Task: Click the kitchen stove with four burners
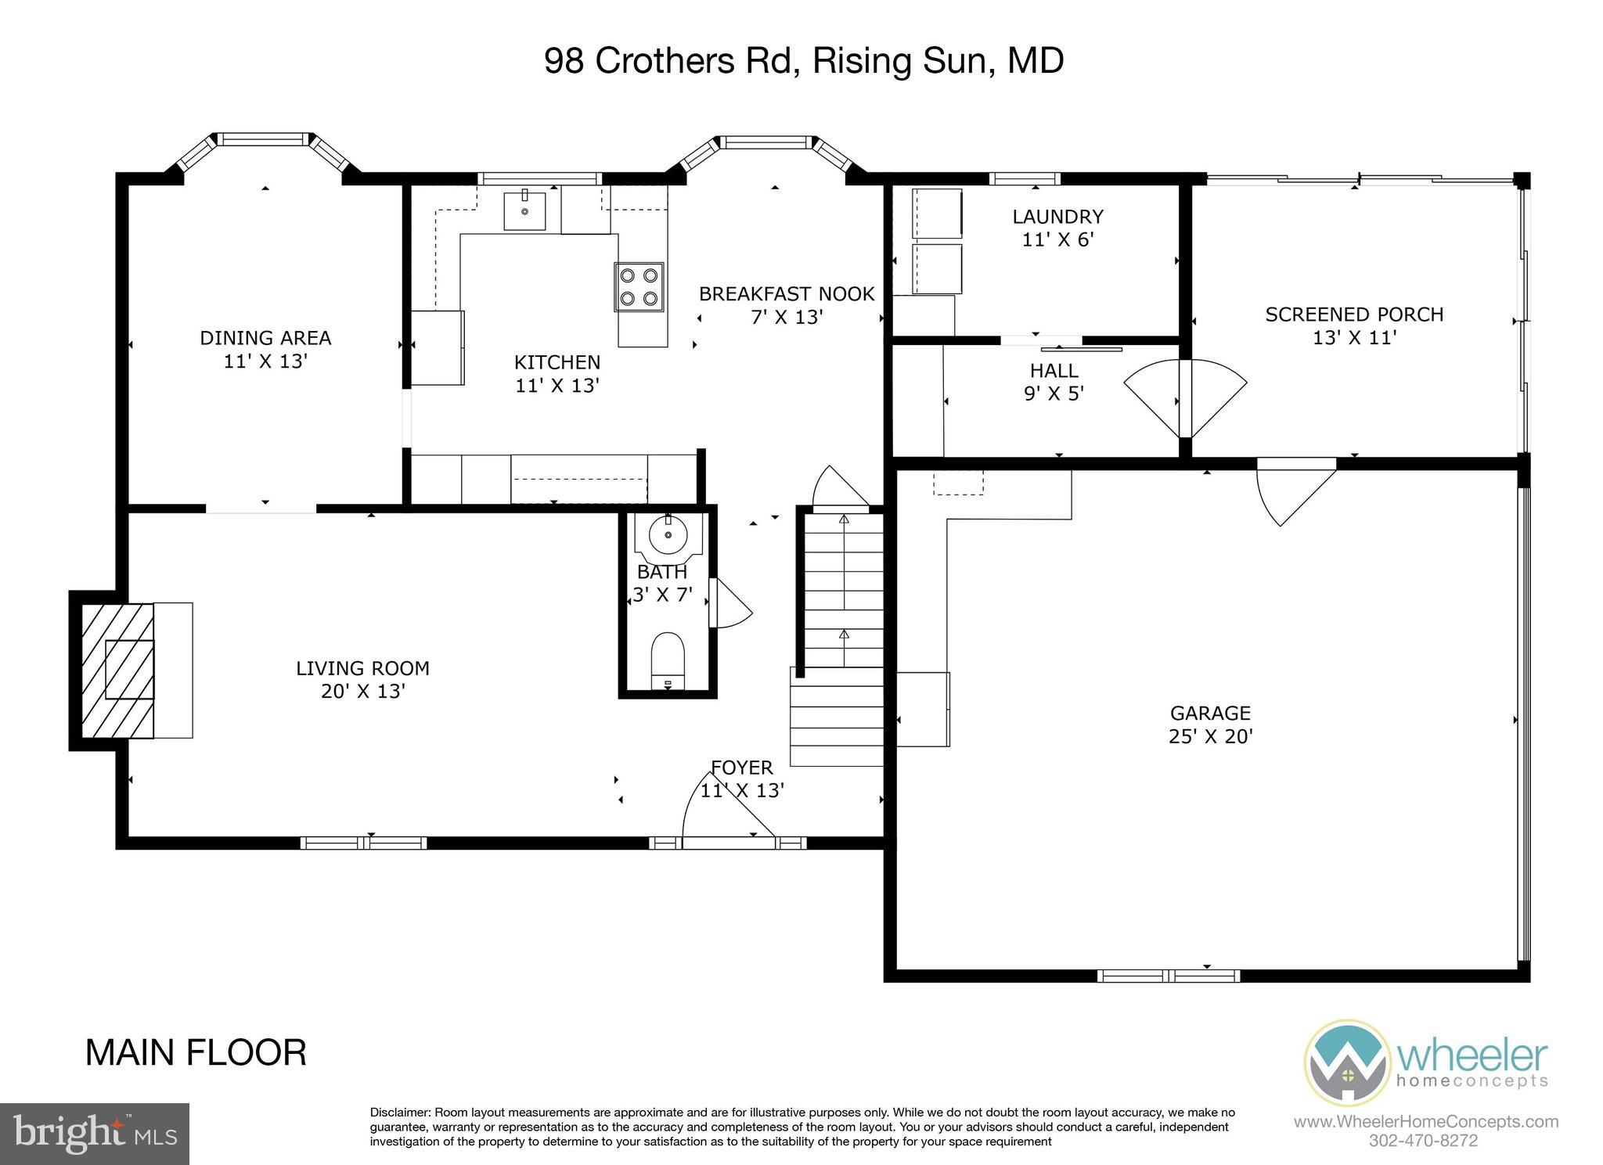(x=639, y=286)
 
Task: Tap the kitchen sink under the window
(x=524, y=210)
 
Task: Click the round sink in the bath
(x=668, y=535)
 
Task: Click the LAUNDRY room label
(x=1057, y=217)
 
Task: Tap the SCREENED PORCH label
(x=1353, y=315)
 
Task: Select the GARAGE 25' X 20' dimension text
(x=1211, y=736)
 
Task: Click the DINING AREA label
(x=265, y=338)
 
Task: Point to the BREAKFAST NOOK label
(x=786, y=294)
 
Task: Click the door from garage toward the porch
(x=1291, y=493)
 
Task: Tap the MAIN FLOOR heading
(x=196, y=1053)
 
